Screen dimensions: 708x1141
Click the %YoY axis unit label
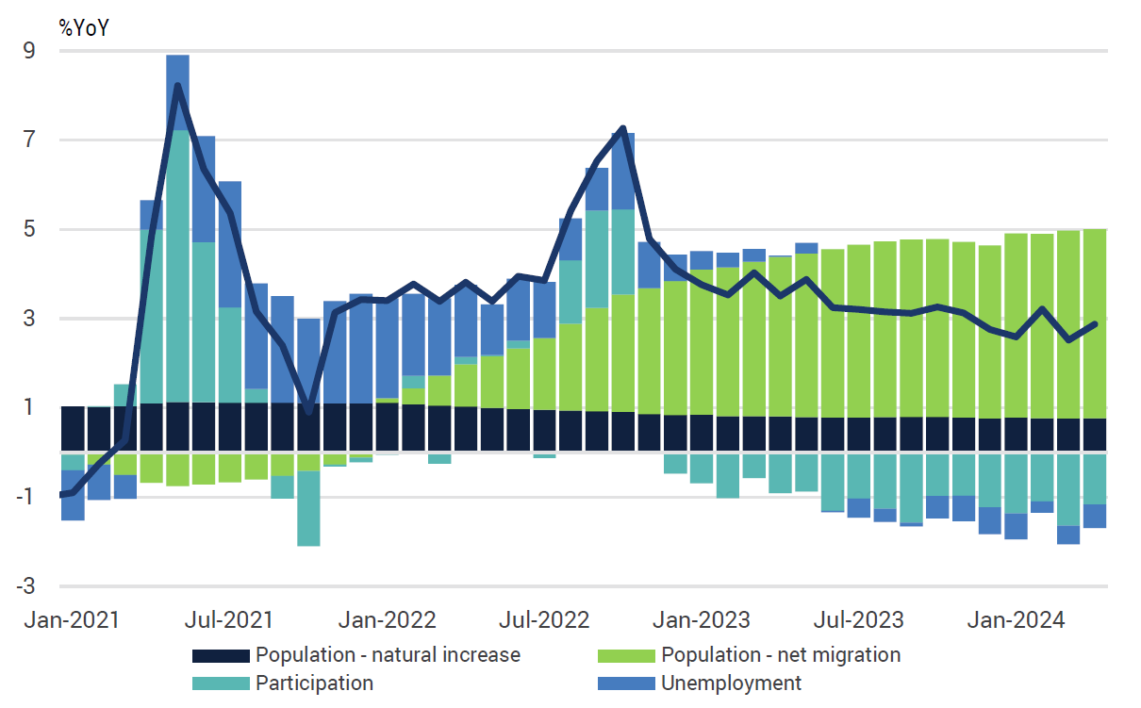tap(85, 27)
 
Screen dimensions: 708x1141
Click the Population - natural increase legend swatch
tap(222, 655)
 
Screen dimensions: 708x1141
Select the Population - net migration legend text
tap(781, 654)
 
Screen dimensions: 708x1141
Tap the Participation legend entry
tap(314, 683)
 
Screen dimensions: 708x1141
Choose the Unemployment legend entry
tap(732, 683)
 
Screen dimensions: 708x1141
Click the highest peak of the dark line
tap(177, 86)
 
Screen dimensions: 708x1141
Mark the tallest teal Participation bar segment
tap(177, 266)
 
